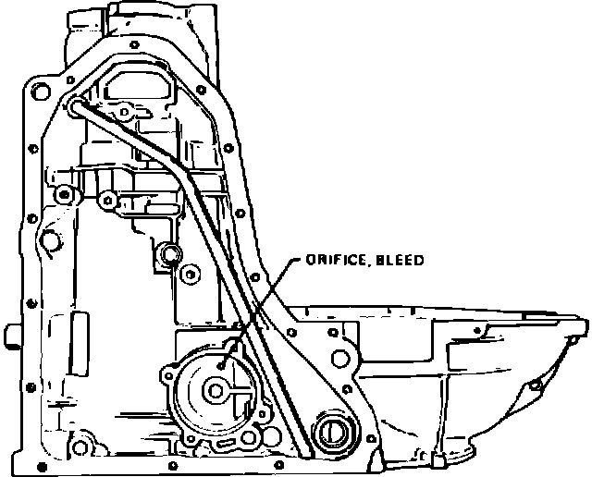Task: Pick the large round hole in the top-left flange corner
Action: point(41,91)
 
